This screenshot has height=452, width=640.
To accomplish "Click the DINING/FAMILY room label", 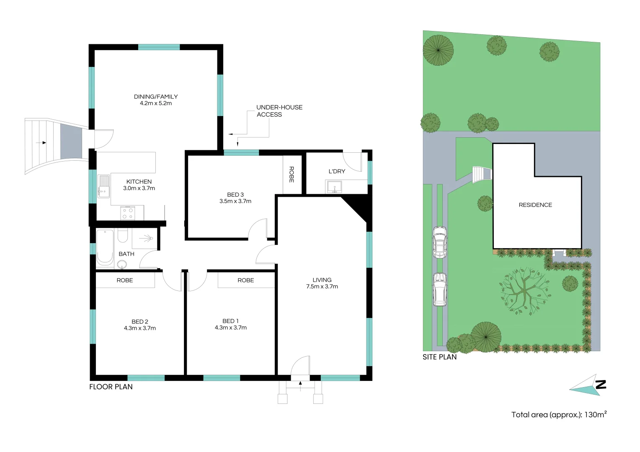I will (156, 97).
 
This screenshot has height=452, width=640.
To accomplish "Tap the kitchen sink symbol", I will (103, 186).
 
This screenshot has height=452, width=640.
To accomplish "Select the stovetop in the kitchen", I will (127, 213).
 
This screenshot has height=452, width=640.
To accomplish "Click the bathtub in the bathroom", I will (105, 248).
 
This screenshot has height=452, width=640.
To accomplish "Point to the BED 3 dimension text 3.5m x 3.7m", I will (235, 201).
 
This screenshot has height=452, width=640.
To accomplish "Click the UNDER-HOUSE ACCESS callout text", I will (279, 111).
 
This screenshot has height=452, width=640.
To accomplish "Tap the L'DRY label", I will (337, 171).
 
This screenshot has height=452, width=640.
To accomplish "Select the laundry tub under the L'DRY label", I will (334, 187).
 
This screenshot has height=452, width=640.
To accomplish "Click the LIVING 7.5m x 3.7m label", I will (322, 283).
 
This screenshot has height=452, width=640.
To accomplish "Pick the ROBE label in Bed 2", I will (125, 280).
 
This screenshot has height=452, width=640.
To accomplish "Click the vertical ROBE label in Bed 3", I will (292, 175).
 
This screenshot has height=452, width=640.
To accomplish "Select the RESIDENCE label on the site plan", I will (535, 205).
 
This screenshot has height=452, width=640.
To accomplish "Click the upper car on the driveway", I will (439, 242).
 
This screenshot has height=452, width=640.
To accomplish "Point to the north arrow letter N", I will (601, 384).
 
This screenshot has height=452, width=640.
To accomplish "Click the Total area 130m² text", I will (559, 415).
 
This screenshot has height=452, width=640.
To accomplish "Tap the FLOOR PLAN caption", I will (111, 387).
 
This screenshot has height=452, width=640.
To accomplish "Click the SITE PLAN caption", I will (439, 357).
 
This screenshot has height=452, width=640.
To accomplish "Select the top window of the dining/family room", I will (159, 47).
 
